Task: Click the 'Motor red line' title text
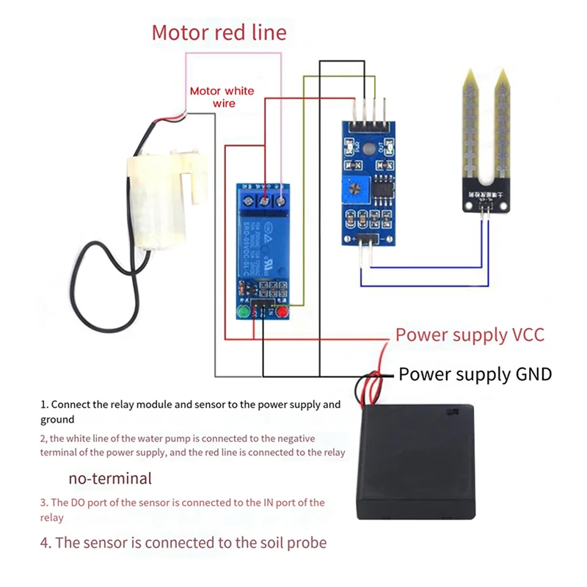point(219,33)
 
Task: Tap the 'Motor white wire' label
point(222,97)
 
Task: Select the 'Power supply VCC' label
point(470,335)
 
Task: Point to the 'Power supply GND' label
point(475,374)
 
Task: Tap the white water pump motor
point(161,198)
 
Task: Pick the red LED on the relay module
point(281,314)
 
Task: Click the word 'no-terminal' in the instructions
point(110,478)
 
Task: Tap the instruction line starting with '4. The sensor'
point(183,543)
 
